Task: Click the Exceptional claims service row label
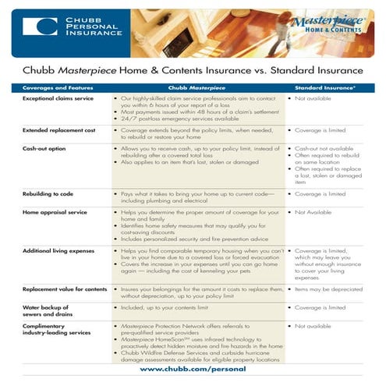[58, 100]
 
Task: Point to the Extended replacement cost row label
[59, 130]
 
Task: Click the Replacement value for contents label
[66, 289]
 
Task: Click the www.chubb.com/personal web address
[193, 370]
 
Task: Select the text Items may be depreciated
[331, 289]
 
